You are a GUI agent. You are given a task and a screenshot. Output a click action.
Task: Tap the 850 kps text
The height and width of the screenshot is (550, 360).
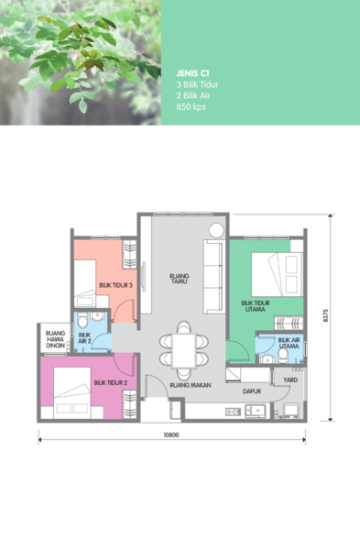coord(191,107)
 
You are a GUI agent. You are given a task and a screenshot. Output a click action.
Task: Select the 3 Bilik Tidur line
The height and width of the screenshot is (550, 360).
coord(197,84)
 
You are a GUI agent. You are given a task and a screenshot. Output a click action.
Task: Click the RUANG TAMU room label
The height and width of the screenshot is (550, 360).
coord(180,279)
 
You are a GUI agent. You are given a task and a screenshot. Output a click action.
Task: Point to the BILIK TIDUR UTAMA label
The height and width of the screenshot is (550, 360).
coord(256,306)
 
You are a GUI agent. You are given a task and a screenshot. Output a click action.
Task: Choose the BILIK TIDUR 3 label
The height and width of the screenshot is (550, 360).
coord(115,285)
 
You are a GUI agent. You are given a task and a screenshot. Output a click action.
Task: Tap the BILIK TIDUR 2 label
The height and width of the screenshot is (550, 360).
coord(111,382)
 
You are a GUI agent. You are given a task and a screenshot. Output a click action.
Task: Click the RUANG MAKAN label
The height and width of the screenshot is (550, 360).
coord(191,385)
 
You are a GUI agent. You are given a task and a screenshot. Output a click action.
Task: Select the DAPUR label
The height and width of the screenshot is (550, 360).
coord(252,391)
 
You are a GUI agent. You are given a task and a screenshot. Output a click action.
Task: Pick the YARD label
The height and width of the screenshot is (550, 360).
coord(290,379)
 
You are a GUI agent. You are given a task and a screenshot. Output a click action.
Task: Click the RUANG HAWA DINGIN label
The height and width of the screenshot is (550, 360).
coord(55,339)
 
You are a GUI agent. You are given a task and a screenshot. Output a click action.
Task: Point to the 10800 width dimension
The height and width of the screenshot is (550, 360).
coord(171,434)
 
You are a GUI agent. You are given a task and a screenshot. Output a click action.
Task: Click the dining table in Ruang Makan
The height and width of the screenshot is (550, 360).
coord(184,350)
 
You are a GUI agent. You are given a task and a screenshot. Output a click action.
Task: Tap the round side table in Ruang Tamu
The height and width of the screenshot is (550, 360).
coord(216,231)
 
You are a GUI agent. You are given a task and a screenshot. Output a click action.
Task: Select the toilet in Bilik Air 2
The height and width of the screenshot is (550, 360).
coord(82,320)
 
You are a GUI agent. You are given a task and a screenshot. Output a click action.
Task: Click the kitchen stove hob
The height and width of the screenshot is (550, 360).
coord(233,412)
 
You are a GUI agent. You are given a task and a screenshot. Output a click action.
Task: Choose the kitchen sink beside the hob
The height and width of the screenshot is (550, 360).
coord(256,411)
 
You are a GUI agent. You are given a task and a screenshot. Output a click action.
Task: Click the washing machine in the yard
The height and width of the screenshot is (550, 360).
coord(291,411)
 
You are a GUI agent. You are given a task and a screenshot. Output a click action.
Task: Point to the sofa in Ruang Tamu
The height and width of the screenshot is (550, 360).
coord(213,277)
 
